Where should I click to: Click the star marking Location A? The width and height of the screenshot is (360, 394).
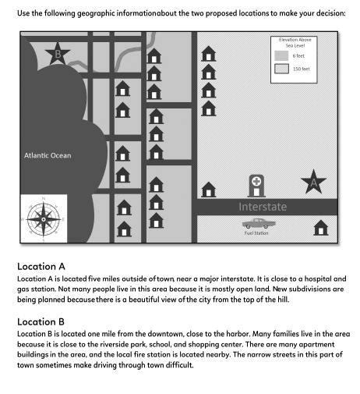[313, 182]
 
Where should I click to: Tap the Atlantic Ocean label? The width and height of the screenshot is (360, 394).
[48, 155]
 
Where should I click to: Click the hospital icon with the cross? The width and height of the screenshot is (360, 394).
[256, 186]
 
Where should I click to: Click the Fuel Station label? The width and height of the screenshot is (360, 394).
[256, 232]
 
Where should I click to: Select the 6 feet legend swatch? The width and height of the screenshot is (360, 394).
[281, 56]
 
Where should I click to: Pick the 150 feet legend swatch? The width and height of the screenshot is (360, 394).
[281, 69]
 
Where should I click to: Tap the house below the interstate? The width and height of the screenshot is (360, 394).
[320, 228]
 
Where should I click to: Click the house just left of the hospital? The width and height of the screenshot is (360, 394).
[209, 189]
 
